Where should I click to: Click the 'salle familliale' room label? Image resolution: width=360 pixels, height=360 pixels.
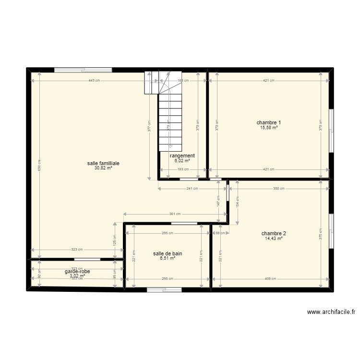tap(103, 163)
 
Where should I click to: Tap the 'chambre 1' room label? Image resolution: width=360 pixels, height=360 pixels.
tap(269, 122)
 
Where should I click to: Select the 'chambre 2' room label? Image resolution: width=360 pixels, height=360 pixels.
tap(273, 233)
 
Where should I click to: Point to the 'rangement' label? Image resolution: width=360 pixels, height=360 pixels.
tap(182, 156)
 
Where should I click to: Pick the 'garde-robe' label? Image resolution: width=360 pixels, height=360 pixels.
tap(77, 271)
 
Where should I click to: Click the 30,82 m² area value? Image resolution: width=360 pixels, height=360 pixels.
tap(103, 168)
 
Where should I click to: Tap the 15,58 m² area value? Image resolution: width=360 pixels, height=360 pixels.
tap(269, 128)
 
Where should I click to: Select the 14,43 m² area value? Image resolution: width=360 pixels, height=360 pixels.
tap(273, 239)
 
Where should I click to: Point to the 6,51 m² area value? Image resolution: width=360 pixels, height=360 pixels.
tap(168, 258)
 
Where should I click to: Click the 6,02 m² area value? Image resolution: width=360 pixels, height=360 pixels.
tap(182, 161)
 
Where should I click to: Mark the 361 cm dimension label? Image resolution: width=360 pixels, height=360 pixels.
tap(175, 214)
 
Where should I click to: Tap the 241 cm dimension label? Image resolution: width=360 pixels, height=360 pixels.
tap(192, 189)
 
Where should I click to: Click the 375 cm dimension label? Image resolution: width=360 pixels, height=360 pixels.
tap(320, 233)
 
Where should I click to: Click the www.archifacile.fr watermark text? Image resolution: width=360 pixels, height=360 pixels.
tap(331, 312)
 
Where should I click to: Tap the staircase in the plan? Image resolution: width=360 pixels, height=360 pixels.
tap(171, 115)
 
